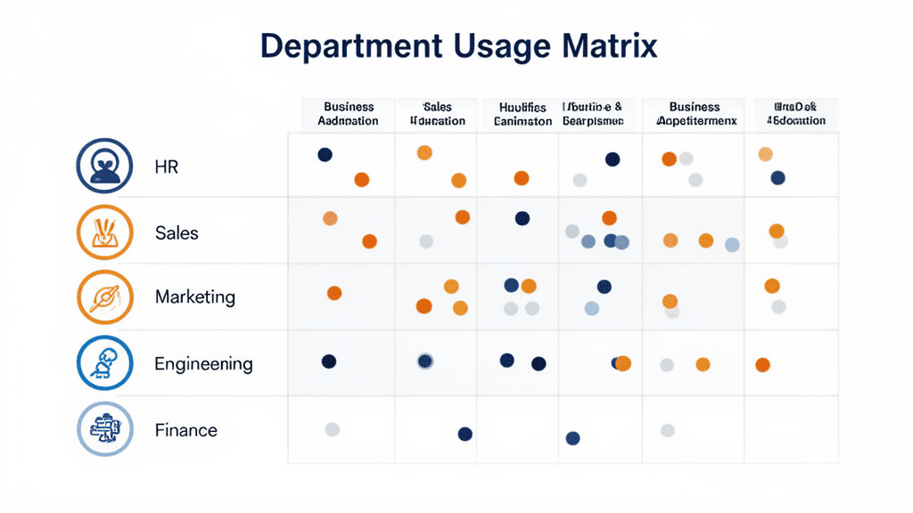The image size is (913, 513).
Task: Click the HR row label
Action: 167,167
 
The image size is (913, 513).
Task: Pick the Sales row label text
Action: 177,232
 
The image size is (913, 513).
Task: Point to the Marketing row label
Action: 195,297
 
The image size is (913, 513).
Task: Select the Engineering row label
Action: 203,363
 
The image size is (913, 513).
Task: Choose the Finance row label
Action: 185,430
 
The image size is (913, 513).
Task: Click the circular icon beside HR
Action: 105,166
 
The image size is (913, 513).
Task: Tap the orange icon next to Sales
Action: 105,232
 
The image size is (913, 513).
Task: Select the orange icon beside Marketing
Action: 105,297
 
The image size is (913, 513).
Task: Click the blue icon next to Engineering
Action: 105,363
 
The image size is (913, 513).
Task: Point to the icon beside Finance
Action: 105,429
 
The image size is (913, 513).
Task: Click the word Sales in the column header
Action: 438,107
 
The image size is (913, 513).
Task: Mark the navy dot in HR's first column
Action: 325,155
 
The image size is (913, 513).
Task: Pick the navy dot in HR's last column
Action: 777,178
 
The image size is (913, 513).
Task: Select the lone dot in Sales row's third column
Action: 522,218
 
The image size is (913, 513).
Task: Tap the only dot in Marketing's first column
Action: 334,293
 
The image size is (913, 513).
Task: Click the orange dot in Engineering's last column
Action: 762,364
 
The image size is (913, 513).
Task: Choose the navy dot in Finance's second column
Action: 465,434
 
